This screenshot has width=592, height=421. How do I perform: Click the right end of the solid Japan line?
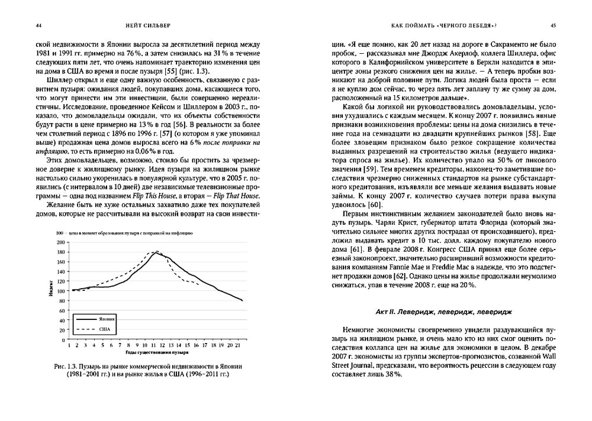[242, 301]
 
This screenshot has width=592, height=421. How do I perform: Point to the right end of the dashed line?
[198, 282]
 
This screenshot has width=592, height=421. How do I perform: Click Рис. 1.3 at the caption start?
[76, 367]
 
